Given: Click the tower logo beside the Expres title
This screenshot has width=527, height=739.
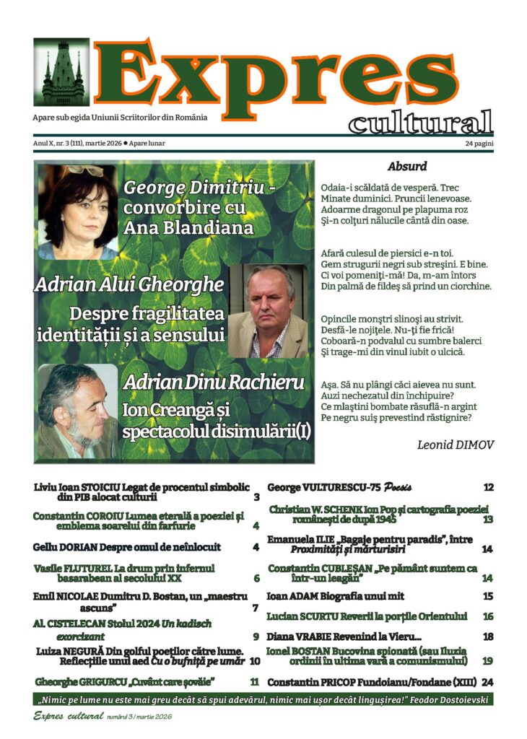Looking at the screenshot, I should pos(61,72).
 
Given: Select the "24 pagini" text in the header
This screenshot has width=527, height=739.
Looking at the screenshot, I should pos(479,144).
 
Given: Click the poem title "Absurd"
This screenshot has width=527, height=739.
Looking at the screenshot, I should pos(407,167).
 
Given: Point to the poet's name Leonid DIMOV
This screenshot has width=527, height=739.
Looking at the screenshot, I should pos(456,445).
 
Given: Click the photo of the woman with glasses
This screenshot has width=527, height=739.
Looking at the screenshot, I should pos(78,213).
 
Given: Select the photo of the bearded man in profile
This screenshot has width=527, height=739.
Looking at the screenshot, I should pos(77,411).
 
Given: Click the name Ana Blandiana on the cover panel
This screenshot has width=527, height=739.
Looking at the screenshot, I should pos(189,228).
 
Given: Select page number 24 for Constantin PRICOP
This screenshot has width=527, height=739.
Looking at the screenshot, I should pos(487,682).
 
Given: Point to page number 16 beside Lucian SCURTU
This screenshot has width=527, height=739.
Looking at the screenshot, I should pos(488,617).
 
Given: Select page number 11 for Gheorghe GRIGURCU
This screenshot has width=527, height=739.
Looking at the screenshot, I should pos(254,681).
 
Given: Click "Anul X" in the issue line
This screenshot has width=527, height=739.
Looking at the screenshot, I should pos(44,144).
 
